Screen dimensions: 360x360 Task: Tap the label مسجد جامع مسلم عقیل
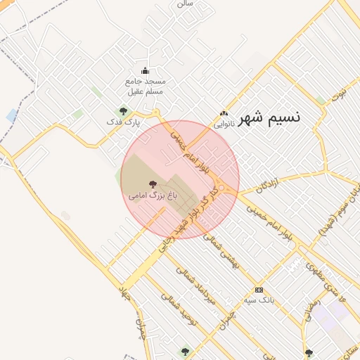pos(146,86)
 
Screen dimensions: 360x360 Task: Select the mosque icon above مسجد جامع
pos(146,70)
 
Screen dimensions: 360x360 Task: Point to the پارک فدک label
pos(123,122)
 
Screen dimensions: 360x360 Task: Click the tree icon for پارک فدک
pos(123,110)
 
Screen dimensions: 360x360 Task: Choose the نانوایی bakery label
pos(224,124)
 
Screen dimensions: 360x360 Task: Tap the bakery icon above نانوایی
pos(224,113)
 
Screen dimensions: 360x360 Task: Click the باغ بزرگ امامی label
pos(153,195)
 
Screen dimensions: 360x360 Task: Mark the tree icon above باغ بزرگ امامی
pos(153,184)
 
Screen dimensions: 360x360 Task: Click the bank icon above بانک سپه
pos(259,290)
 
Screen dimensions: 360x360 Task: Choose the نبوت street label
pos(340,93)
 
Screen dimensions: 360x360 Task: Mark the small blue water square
pos(12,115)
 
